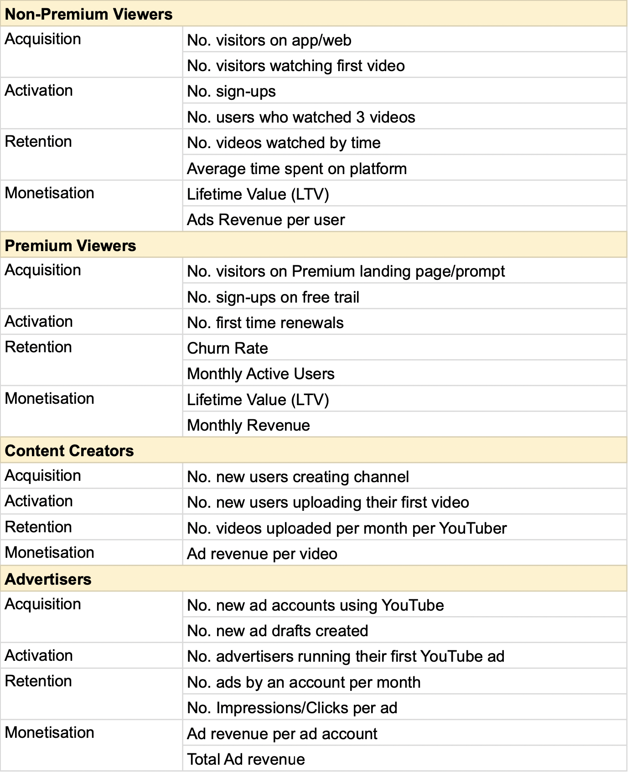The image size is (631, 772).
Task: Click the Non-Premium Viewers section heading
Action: [88, 14]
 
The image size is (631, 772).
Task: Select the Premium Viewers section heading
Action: [70, 246]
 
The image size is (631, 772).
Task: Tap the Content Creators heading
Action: [69, 451]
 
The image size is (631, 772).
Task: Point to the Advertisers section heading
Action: [48, 579]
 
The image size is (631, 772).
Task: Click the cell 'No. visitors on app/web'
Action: [269, 40]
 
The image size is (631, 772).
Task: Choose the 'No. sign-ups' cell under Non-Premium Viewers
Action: [231, 91]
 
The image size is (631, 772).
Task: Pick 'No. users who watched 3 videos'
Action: [301, 117]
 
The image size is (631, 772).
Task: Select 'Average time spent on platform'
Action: [297, 169]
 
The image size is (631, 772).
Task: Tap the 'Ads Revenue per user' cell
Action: [266, 220]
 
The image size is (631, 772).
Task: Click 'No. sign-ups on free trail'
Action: [273, 297]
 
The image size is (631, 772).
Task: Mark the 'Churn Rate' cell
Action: [228, 348]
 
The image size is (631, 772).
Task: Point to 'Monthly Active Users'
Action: [261, 374]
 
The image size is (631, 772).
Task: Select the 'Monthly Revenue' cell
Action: [248, 425]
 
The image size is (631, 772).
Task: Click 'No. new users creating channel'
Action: [298, 477]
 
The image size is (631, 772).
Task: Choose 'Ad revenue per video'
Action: [262, 554]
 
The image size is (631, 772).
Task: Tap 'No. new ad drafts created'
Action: [278, 631]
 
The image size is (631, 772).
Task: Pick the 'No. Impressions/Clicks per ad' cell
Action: [292, 708]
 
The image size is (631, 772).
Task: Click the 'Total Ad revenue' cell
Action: [246, 759]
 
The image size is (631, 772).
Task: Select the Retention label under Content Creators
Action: [38, 527]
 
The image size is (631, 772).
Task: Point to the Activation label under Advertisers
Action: [39, 656]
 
